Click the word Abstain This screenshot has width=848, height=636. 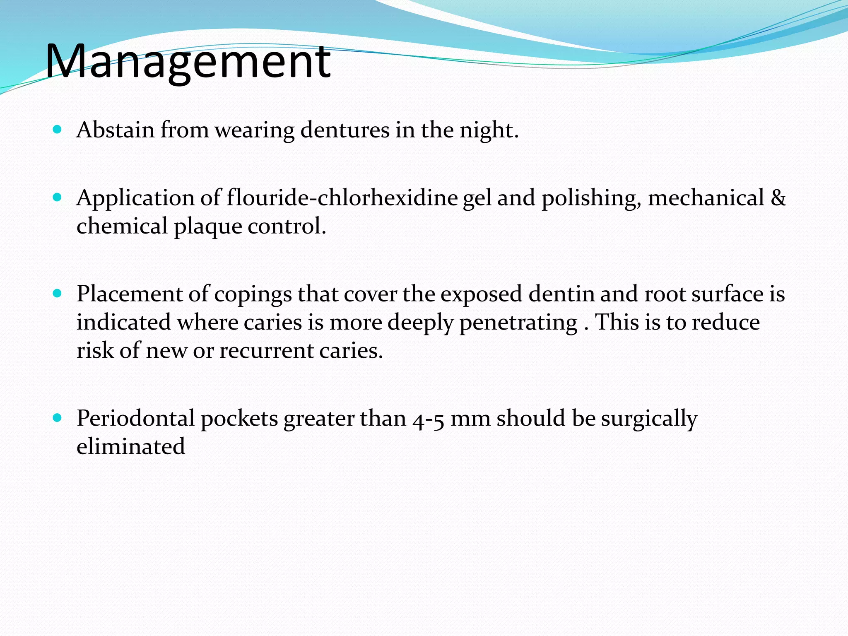(x=115, y=130)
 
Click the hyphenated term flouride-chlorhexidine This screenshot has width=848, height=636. (x=342, y=198)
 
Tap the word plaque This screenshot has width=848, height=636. (x=207, y=227)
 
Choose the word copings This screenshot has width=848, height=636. (x=253, y=295)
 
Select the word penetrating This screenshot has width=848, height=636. (x=518, y=323)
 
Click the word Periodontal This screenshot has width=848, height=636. (x=135, y=418)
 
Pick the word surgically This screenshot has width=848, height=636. (x=649, y=419)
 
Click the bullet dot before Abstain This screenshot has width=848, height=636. (x=58, y=130)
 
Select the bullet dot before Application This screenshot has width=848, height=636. (x=58, y=197)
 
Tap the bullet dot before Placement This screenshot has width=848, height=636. (x=58, y=294)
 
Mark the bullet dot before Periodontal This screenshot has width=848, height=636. (x=58, y=417)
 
